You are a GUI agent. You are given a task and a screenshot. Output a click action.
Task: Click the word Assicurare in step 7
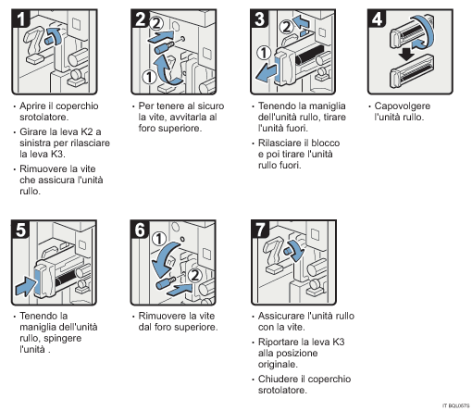point(279,315)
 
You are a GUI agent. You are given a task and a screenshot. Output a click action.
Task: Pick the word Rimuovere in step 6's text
point(159,315)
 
